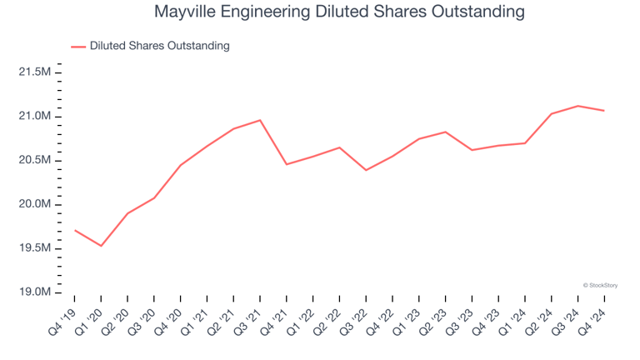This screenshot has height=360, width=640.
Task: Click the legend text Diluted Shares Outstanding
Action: (159, 46)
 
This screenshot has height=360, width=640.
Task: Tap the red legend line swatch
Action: (78, 47)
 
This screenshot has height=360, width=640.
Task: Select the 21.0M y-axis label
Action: (34, 117)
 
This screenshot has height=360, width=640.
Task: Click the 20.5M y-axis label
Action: (34, 161)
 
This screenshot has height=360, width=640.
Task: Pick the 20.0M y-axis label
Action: (34, 205)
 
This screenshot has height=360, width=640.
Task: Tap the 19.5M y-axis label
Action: (34, 249)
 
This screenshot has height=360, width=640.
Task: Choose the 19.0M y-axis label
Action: (34, 293)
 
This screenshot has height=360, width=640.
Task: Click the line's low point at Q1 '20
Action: (102, 246)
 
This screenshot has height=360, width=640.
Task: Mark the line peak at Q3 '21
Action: (260, 120)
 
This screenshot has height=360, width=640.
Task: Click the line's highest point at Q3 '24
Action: (577, 106)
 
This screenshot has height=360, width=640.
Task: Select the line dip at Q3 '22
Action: (366, 170)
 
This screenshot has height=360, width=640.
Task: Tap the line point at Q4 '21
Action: (287, 164)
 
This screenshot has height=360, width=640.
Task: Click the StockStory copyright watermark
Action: (600, 285)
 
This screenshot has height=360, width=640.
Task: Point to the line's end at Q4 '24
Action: (604, 111)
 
